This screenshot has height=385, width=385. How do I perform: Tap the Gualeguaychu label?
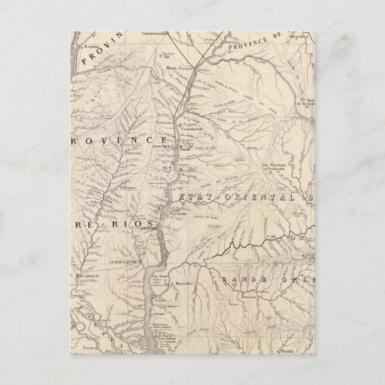click(124, 261)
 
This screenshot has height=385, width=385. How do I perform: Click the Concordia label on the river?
click(163, 145)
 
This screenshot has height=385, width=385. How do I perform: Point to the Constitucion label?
click(192, 128)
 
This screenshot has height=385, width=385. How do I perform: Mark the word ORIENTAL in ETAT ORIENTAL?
click(250, 197)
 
